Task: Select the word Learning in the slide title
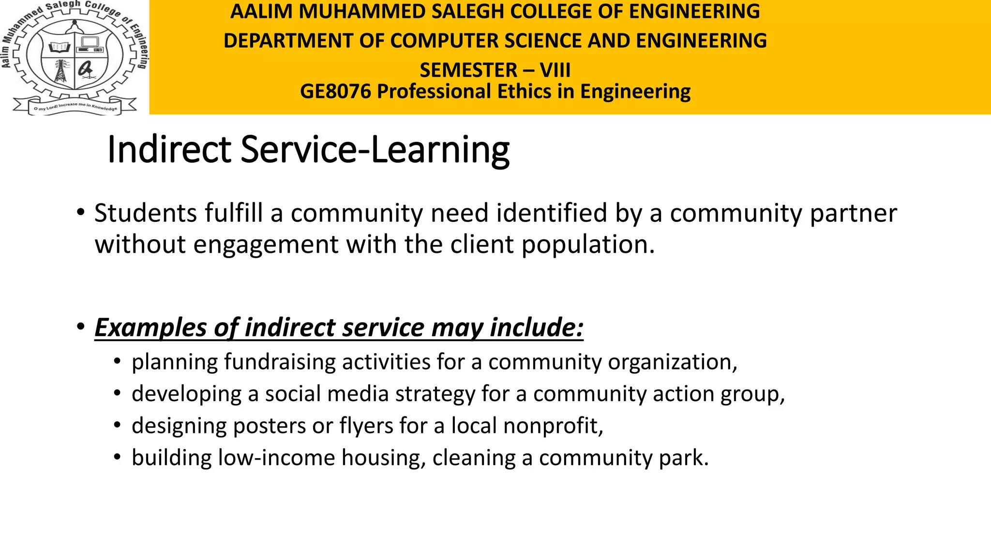pos(440,151)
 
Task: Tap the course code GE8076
pos(335,92)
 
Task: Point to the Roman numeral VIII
pos(555,71)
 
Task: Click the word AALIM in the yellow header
pos(261,12)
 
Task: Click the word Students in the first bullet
pos(145,214)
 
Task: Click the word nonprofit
pos(553,426)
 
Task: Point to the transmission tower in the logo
pos(61,71)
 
